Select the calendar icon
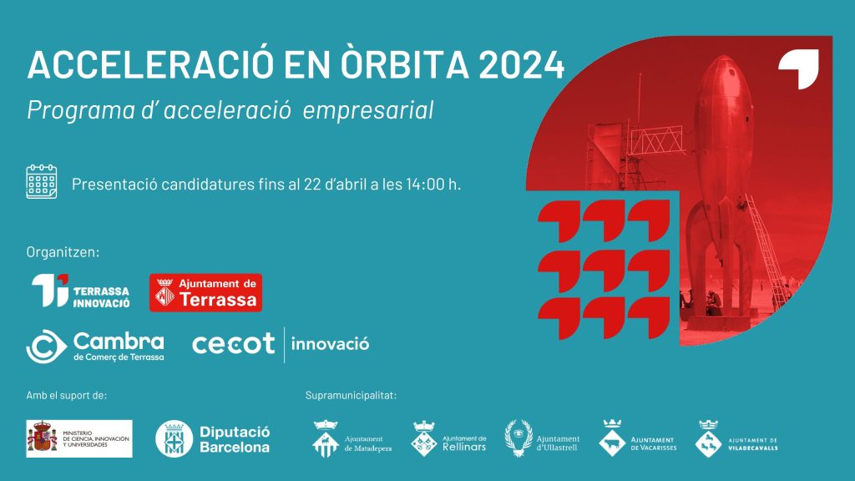click(42, 181)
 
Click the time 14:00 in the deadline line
click(425, 185)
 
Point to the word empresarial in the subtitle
click(368, 110)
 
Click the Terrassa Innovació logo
click(80, 291)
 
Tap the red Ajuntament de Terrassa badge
click(205, 293)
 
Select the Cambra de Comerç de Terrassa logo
click(95, 347)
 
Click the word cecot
click(234, 344)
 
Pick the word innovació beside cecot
click(330, 344)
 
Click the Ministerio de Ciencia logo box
click(79, 438)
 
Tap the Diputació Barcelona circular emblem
click(174, 438)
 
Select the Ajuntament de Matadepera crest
click(326, 438)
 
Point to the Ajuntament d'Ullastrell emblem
click(519, 438)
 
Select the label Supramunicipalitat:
click(352, 395)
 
